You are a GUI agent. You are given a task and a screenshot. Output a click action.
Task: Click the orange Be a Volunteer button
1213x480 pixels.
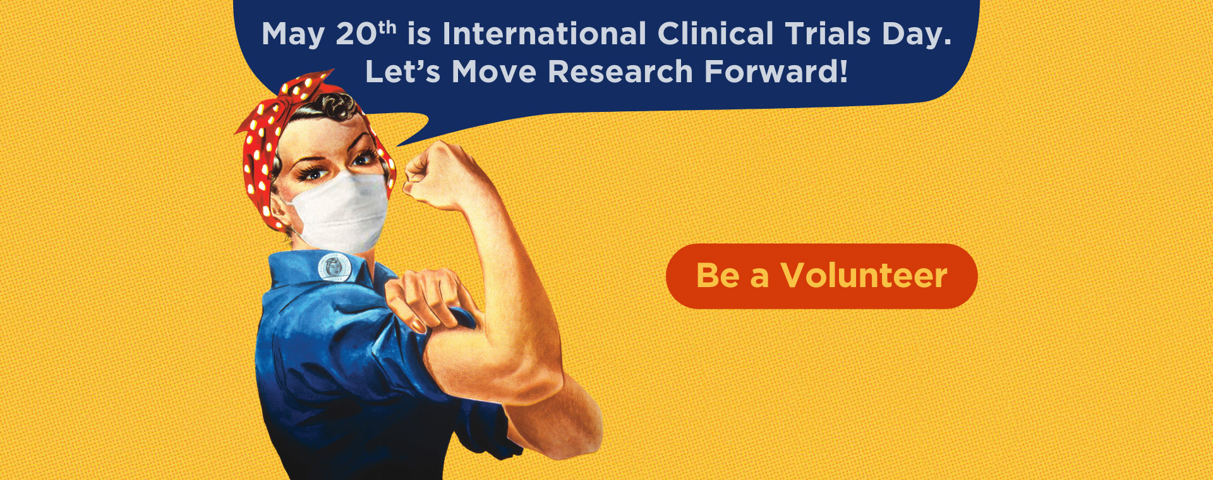click(x=821, y=276)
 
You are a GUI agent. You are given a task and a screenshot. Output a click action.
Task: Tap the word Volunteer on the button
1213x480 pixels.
click(x=864, y=275)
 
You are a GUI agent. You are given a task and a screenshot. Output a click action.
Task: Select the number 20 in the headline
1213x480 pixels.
click(x=356, y=34)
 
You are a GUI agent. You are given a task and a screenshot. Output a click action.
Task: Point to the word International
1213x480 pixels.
click(x=544, y=34)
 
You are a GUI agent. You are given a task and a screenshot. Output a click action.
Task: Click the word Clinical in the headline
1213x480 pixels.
click(x=715, y=34)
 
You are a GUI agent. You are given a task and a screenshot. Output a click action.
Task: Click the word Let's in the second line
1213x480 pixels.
click(x=402, y=71)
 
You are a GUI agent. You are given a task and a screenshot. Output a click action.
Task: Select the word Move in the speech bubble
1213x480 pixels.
click(x=494, y=71)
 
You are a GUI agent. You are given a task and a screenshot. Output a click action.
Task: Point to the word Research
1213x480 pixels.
click(x=620, y=71)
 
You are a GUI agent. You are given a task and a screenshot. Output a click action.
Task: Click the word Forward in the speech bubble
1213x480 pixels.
click(x=771, y=71)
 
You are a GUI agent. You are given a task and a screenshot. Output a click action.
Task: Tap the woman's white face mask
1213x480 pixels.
click(x=341, y=212)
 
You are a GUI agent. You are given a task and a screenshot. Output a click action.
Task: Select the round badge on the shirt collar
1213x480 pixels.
click(x=335, y=267)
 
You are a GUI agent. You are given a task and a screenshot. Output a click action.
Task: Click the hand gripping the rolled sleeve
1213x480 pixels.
click(x=427, y=297)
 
